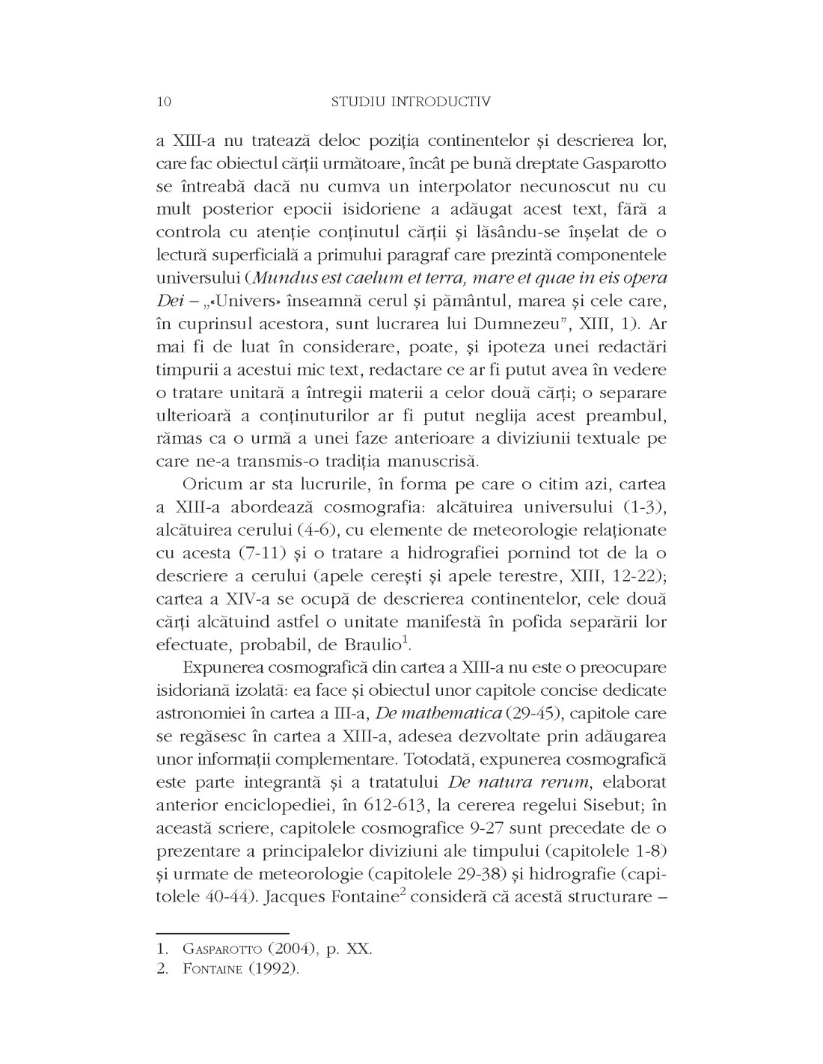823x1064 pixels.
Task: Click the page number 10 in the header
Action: point(164,102)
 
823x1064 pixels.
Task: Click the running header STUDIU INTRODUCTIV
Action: point(411,102)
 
